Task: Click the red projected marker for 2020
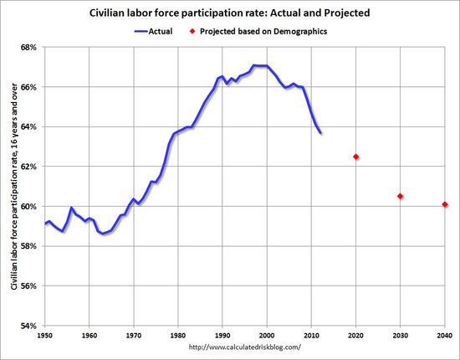click(356, 157)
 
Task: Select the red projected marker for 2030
click(401, 197)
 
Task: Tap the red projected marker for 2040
click(445, 204)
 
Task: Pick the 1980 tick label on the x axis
click(178, 335)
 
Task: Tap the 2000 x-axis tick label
click(267, 335)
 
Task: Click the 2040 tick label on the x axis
click(444, 335)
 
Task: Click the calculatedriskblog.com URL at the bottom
click(244, 347)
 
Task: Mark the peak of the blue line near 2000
click(259, 65)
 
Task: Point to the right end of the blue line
click(320, 132)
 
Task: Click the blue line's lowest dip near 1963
click(103, 234)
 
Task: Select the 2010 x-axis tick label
click(311, 335)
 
